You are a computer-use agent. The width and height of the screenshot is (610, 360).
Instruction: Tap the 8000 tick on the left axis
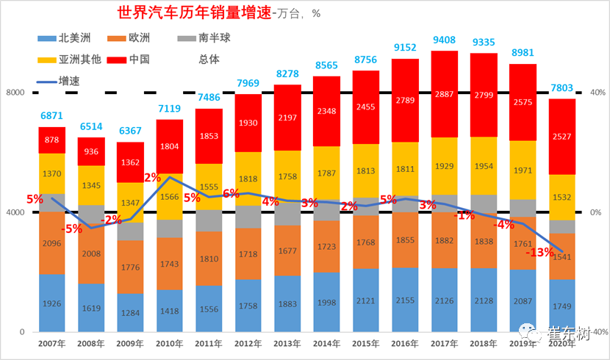tap(16, 93)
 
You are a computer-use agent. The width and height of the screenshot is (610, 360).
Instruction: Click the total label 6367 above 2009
tap(130, 132)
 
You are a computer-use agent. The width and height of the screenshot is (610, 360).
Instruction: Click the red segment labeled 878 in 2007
tap(52, 140)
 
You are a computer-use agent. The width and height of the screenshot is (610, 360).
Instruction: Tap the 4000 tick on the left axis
tap(16, 212)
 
